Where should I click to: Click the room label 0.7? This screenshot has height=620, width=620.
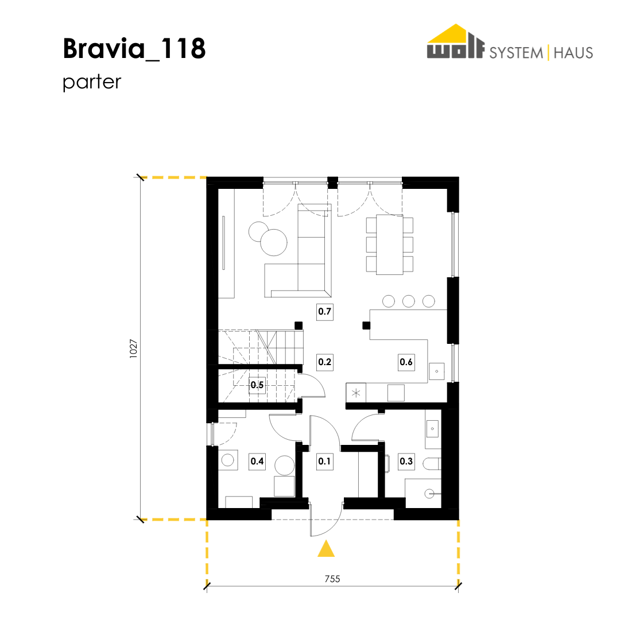click(x=324, y=312)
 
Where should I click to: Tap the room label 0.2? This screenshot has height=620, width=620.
click(x=324, y=362)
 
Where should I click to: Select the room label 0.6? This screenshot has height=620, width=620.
click(x=406, y=362)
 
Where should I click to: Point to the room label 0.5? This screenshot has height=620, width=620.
click(x=257, y=385)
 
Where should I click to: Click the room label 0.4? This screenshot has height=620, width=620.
click(x=257, y=462)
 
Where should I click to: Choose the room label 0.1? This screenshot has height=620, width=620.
click(x=324, y=462)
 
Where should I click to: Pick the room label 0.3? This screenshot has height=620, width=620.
click(x=406, y=462)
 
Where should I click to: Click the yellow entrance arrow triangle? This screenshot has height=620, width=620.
click(x=326, y=549)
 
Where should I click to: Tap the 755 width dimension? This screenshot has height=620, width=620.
click(x=332, y=579)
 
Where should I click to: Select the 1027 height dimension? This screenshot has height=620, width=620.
click(x=134, y=349)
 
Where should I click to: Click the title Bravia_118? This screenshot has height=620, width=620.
click(x=134, y=49)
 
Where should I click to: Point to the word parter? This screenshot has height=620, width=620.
click(x=92, y=82)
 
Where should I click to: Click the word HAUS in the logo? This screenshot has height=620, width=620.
click(x=573, y=53)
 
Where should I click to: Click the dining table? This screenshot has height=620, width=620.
click(x=389, y=245)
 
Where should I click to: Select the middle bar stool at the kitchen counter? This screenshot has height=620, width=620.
click(x=409, y=301)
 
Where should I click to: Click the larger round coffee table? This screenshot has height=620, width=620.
click(x=274, y=242)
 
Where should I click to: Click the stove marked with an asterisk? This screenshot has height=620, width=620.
click(x=356, y=393)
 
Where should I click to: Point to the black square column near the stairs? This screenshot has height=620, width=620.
click(x=299, y=325)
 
